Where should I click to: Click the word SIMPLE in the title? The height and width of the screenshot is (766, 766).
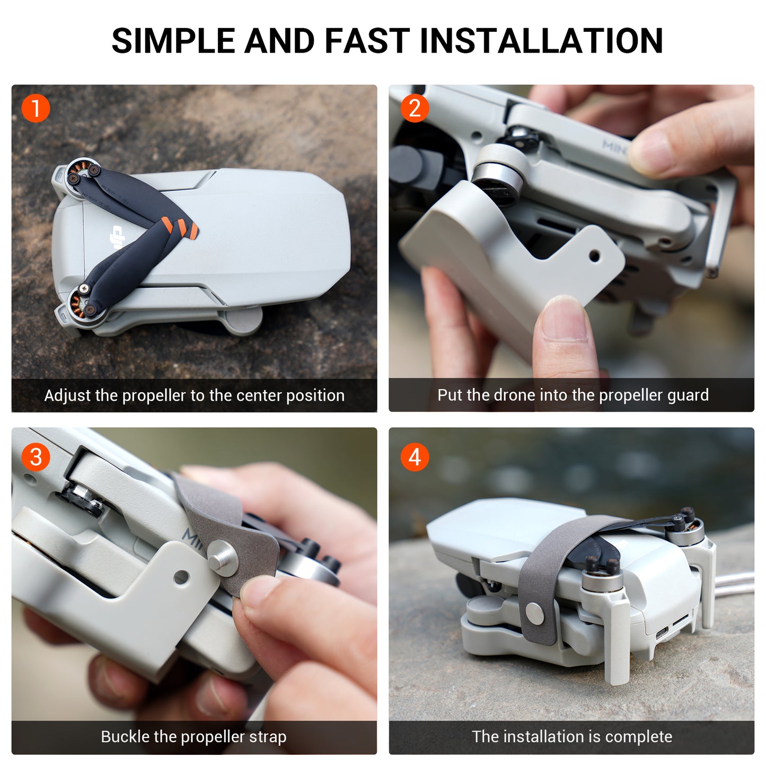(173, 41)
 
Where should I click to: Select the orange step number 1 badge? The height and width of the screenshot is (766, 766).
(36, 109)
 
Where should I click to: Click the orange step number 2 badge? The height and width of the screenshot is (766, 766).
(415, 109)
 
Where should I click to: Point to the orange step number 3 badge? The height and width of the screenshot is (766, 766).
(36, 457)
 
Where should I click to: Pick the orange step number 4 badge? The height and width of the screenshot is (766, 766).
(415, 457)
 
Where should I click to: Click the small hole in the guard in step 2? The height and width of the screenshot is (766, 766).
(594, 257)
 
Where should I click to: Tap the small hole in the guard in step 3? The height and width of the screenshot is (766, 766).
(181, 577)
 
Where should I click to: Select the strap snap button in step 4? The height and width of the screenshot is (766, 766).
(534, 614)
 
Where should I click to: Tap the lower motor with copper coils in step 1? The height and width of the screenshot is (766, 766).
(81, 302)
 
